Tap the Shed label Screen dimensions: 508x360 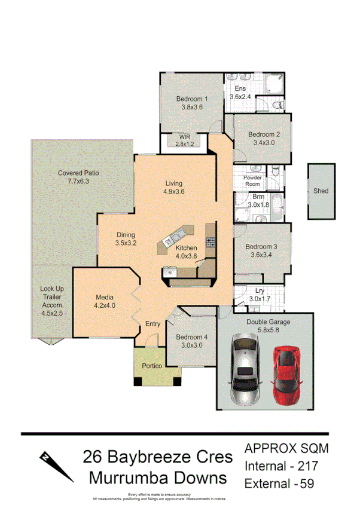click(321, 191)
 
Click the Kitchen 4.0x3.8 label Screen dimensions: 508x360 click(186, 252)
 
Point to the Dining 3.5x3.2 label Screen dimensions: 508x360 click(126, 239)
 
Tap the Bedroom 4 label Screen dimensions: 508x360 click(192, 341)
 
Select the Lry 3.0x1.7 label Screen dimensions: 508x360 click(258, 295)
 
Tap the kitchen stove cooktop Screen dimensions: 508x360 click(210, 242)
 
